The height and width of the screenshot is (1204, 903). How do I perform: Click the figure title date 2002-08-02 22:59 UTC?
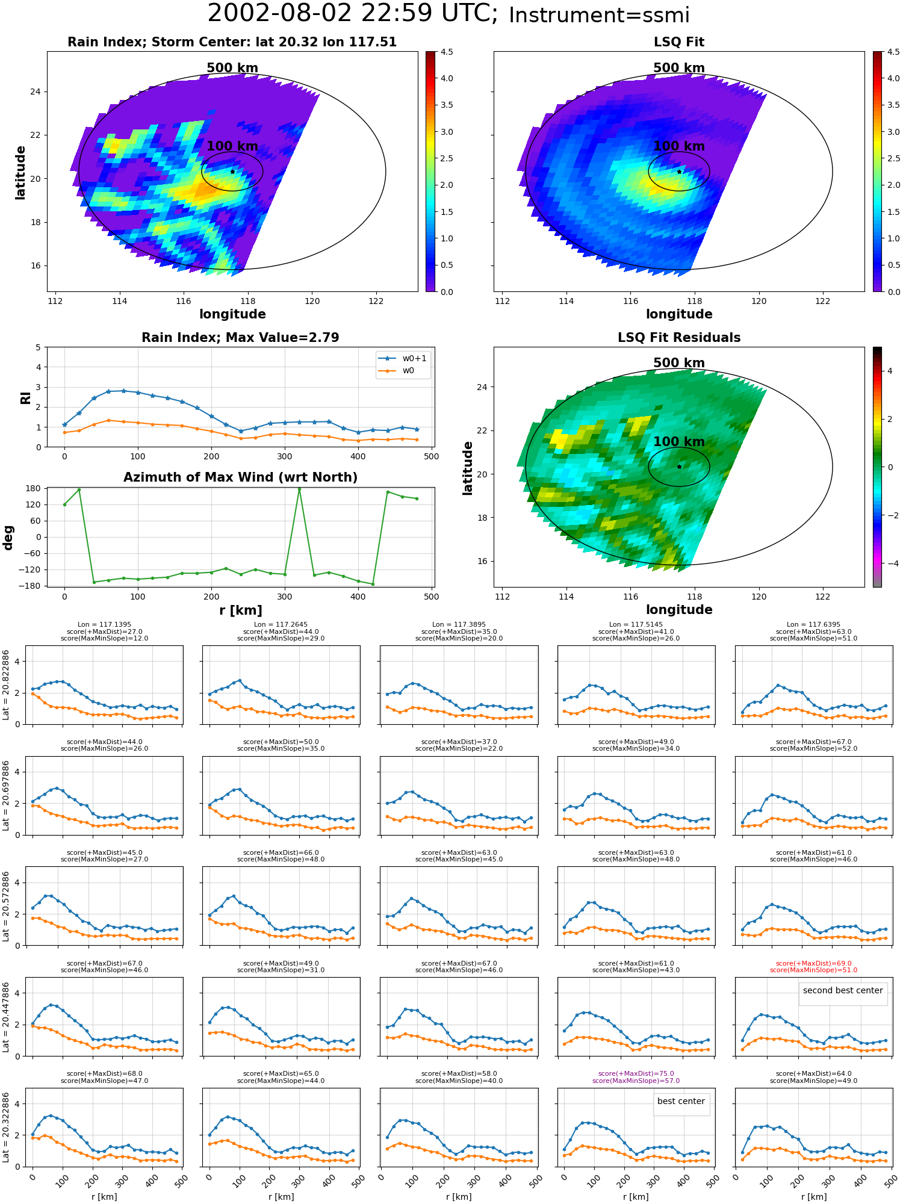[x=353, y=14]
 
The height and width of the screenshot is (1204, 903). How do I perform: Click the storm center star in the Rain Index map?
[x=232, y=172]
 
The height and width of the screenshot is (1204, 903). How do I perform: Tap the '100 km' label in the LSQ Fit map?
[x=679, y=146]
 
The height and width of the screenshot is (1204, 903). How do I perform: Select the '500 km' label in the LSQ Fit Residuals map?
[x=679, y=363]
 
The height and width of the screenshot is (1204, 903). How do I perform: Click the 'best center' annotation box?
[x=681, y=1101]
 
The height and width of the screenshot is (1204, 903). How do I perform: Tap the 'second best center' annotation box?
[x=842, y=990]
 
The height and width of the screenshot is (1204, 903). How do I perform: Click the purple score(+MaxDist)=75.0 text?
[x=636, y=1073]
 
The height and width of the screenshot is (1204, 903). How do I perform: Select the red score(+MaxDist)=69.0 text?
[x=813, y=963]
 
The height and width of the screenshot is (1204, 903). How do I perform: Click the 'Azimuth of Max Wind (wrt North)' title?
[x=240, y=477]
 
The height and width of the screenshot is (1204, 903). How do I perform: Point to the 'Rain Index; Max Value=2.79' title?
[x=240, y=338]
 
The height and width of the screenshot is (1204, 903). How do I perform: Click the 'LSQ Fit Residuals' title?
[x=679, y=338]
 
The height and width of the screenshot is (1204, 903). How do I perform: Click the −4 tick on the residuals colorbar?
[x=890, y=563]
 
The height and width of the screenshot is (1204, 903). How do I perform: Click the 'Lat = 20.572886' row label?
[x=6, y=906]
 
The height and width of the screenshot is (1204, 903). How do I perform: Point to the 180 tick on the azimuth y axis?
[x=34, y=488]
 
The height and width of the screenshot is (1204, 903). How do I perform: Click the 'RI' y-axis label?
[x=25, y=397]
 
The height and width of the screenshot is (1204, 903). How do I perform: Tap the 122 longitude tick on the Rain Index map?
[x=376, y=301]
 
